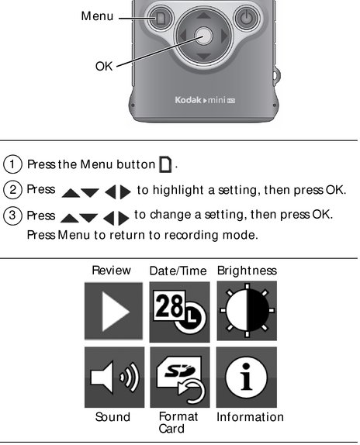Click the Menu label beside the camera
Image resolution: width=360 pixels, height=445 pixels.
[x=97, y=16]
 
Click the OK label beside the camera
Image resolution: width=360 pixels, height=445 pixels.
[x=104, y=67]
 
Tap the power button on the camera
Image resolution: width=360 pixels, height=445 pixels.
[x=246, y=19]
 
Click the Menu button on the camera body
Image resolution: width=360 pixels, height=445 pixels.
[x=161, y=19]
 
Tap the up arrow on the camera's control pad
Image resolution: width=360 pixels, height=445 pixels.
[x=203, y=15]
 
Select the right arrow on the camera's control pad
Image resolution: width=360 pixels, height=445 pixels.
[x=224, y=36]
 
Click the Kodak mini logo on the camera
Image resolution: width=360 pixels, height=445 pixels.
[x=205, y=100]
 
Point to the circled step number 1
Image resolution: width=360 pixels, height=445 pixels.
[x=12, y=164]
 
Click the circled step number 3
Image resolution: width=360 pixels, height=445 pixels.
[x=12, y=216]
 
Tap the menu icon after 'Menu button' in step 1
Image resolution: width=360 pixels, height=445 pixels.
[x=165, y=164]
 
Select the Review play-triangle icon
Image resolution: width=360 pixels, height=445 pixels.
[x=113, y=311]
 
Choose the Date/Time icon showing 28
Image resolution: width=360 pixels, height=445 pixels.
[x=179, y=312]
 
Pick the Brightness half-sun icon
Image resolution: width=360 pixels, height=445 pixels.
[x=247, y=311]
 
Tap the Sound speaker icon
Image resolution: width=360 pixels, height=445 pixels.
[x=114, y=378]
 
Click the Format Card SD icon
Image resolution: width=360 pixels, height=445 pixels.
[x=180, y=378]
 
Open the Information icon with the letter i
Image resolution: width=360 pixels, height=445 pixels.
[x=247, y=378]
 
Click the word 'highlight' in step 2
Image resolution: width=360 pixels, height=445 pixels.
[x=178, y=190]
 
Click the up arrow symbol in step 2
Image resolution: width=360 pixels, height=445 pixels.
[x=71, y=193]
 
